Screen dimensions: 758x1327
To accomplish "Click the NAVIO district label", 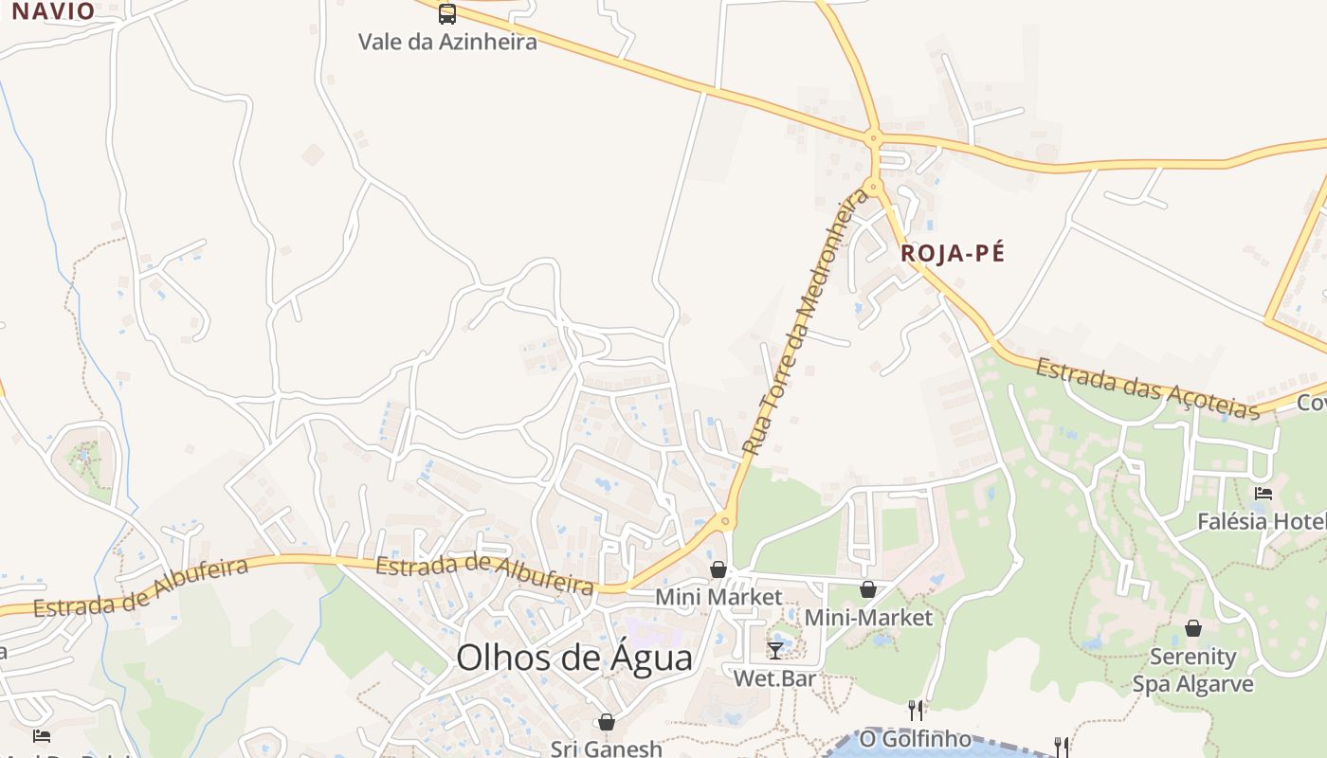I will [x=53, y=11].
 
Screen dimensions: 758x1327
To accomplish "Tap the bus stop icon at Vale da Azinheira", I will [x=447, y=14].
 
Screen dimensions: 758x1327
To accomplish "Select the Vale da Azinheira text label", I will [x=447, y=42].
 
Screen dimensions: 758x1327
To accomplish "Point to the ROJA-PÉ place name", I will [x=952, y=253].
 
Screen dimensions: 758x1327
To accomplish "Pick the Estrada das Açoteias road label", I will [x=1147, y=388].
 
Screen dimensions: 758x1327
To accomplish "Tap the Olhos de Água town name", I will [x=574, y=657].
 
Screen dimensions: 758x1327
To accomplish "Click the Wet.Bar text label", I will [x=774, y=678].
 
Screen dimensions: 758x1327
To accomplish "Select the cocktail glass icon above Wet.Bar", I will [x=775, y=650].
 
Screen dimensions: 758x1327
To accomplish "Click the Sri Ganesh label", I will [x=607, y=748].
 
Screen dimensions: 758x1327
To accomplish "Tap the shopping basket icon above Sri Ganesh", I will [x=607, y=723].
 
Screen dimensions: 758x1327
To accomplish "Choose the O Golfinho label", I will [x=916, y=738].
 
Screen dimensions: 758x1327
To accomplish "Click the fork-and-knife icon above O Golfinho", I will [x=916, y=710].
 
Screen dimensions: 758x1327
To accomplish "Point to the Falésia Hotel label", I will [x=1261, y=521].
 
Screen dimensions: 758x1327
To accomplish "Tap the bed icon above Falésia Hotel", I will [x=1263, y=494].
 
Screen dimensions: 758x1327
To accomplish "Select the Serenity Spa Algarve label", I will [x=1193, y=670].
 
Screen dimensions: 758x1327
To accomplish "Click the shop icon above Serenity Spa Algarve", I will [x=1193, y=628].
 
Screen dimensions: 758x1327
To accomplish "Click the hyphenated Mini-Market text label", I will [x=868, y=618].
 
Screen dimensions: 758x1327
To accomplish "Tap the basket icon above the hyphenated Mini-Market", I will [x=868, y=590].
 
